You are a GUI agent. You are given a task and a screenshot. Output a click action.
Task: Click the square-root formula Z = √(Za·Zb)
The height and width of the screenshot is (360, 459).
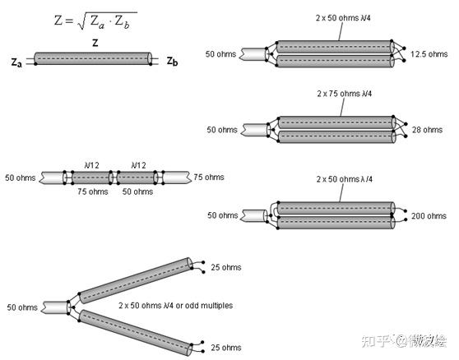[95, 21]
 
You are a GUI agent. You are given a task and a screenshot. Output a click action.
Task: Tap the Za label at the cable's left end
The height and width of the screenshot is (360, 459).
[16, 62]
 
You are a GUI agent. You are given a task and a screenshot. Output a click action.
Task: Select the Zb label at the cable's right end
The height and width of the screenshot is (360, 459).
[172, 62]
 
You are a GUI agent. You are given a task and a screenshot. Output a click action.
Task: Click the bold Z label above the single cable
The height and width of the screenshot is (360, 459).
[95, 44]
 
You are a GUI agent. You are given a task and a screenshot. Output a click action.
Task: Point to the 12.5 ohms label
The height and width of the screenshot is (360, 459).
[429, 54]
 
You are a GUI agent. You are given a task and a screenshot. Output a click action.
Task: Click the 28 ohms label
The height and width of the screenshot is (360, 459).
[427, 130]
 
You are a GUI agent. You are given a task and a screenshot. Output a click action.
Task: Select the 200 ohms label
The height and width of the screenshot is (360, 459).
[429, 216]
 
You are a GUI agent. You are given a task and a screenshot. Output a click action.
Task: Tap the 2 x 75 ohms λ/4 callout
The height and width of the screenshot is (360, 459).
[344, 94]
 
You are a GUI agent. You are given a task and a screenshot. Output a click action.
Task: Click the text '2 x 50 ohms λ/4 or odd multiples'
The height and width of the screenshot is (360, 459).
[176, 306]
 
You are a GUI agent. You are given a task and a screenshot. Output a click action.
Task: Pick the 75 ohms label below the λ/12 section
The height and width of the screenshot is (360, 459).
[93, 192]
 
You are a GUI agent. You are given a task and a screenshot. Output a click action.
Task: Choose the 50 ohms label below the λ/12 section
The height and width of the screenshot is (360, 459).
[137, 192]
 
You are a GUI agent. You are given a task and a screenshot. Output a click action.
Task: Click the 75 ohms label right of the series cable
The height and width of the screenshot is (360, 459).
[209, 178]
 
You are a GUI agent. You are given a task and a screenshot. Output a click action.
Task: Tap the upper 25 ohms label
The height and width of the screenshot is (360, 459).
[226, 267]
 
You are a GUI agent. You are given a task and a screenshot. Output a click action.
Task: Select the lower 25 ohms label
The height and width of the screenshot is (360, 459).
[226, 348]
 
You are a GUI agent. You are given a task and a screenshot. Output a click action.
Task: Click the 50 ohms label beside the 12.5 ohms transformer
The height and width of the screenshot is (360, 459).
[220, 54]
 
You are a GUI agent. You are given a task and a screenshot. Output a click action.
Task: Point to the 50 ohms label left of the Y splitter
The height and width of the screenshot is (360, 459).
[22, 307]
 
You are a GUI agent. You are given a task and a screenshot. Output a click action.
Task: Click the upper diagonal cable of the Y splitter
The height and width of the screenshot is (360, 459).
[136, 280]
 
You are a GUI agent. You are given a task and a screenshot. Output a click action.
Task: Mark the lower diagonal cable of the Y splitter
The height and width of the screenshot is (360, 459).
[136, 333]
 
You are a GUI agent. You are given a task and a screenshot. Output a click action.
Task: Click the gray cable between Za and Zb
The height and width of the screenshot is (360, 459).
[93, 58]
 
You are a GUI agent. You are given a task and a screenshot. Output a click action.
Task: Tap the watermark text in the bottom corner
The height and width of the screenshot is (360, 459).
[404, 341]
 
